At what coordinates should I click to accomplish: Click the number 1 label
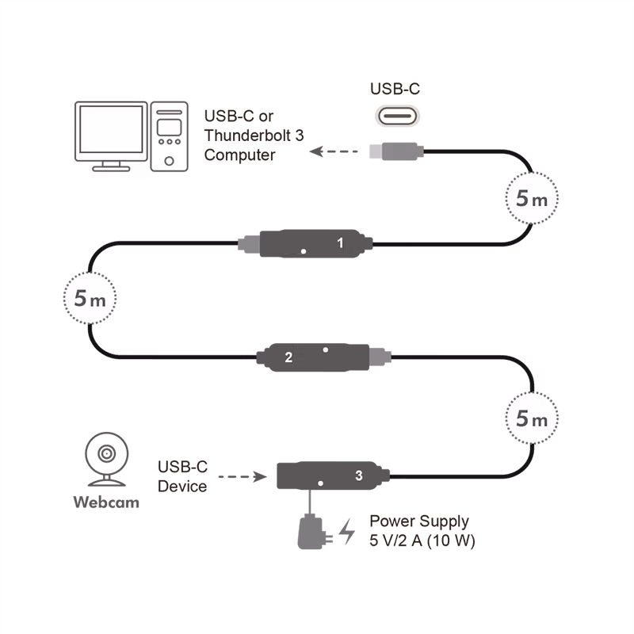coord(341,243)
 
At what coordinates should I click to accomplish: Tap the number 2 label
coord(288,357)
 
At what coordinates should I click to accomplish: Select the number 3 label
coord(359,475)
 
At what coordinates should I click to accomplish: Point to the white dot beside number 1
coord(304,251)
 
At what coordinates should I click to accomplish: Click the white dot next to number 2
coord(325,349)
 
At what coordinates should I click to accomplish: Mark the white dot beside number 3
coord(320,483)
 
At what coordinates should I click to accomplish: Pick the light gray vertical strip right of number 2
coord(384,357)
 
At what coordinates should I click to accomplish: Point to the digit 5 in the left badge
coord(81,300)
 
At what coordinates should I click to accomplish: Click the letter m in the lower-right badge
coord(540,420)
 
